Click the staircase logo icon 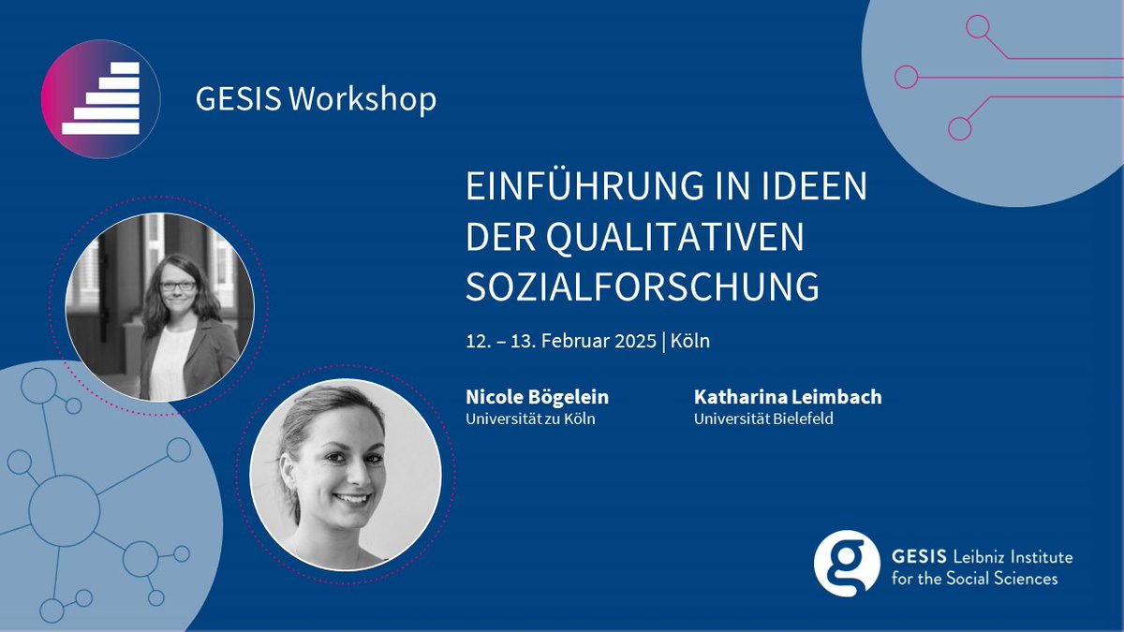pos(101,98)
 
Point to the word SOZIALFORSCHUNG pos(643,287)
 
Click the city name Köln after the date pos(690,341)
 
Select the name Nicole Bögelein pos(537,397)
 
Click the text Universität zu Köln pos(530,419)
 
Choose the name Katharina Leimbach pos(788,397)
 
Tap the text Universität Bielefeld pos(763,419)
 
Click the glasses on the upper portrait pos(178,286)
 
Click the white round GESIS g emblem pos(847,563)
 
